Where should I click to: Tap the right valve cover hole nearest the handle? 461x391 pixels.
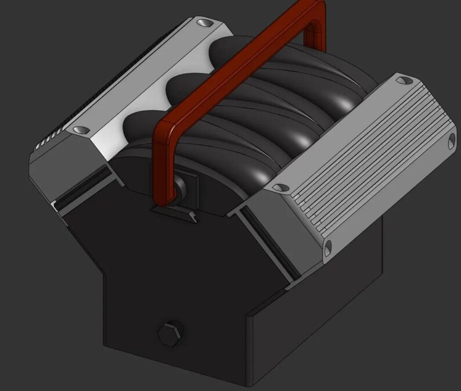tap(281, 186)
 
